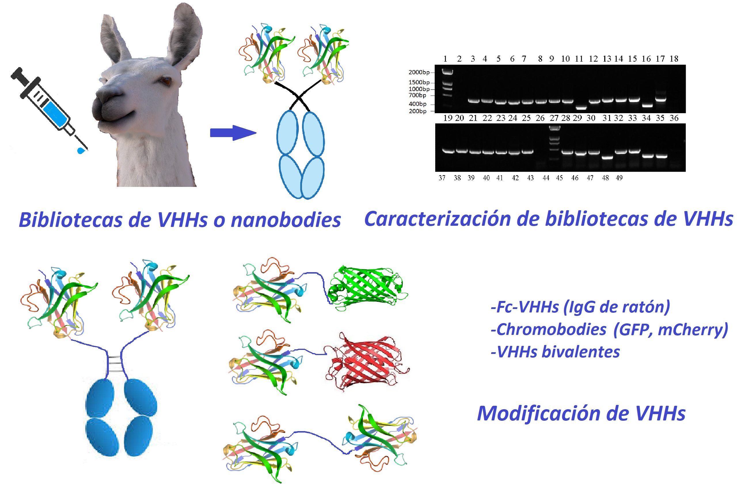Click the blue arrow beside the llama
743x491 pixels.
[x=233, y=133]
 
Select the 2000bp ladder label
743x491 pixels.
[x=419, y=72]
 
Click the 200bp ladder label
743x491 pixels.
[x=417, y=111]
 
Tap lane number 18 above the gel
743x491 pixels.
[x=674, y=58]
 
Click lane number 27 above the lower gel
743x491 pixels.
[x=554, y=118]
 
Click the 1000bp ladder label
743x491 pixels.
[x=419, y=89]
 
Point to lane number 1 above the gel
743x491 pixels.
[x=445, y=58]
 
